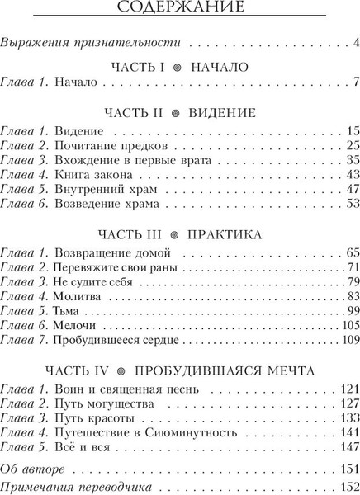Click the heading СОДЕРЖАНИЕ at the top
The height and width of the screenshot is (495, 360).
pyautogui.click(x=180, y=9)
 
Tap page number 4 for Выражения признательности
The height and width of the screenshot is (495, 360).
pyautogui.click(x=354, y=41)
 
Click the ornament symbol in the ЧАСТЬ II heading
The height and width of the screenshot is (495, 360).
pyautogui.click(x=176, y=112)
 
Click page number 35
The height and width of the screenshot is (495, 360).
pyautogui.click(x=350, y=160)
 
